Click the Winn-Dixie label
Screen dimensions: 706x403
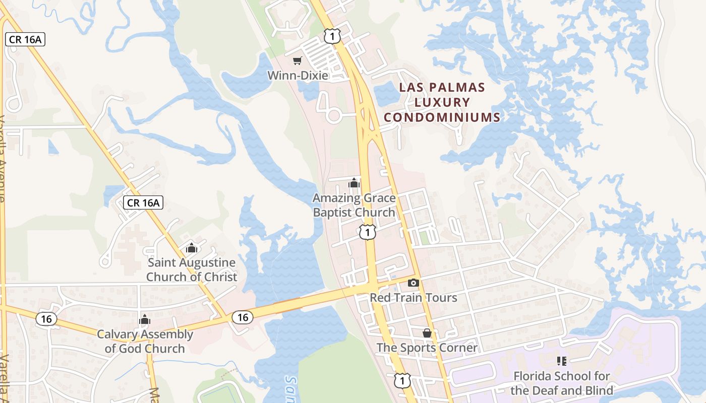coord(298,76)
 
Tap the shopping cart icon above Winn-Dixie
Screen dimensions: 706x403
coord(298,61)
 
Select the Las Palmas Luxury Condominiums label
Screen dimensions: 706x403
coord(442,102)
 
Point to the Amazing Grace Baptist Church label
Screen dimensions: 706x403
coord(354,205)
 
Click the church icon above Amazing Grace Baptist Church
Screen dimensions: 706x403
coord(354,183)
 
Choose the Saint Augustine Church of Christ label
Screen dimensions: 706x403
coord(192,270)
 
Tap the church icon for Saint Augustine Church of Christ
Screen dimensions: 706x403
coord(191,248)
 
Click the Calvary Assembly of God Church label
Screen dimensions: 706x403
coord(145,341)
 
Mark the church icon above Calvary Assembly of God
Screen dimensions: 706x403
coord(145,319)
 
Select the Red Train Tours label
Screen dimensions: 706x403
coord(414,297)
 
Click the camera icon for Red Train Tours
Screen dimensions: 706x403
coord(413,283)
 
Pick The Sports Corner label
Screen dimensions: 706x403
coord(427,348)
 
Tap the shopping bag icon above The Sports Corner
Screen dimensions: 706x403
coord(427,333)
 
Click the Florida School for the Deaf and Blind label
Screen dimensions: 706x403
coord(562,383)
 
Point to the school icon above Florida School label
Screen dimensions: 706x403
coord(562,361)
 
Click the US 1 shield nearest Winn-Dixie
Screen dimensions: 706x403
coord(333,35)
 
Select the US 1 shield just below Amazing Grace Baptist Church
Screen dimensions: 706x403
coord(368,232)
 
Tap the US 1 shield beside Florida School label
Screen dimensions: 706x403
coord(402,380)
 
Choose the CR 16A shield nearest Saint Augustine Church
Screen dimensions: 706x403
coord(143,203)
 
